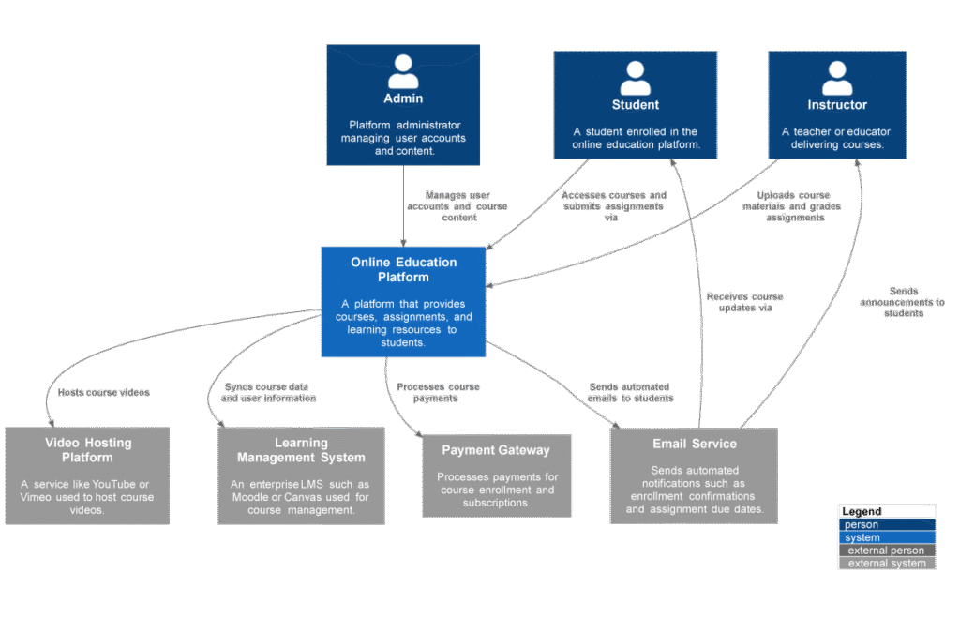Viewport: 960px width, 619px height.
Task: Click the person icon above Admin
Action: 403,71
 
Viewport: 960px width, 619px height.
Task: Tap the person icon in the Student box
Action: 635,78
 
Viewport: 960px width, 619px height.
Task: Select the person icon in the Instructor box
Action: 837,78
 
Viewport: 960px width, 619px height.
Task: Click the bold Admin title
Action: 403,98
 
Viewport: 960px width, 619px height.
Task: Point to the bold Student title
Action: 636,105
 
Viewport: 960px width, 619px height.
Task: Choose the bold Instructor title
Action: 837,105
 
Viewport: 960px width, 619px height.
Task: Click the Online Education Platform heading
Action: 403,270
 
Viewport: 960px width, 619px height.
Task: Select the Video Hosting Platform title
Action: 88,450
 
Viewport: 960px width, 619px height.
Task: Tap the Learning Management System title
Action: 301,450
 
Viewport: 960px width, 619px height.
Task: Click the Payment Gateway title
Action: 496,450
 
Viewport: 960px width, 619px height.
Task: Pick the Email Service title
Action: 694,444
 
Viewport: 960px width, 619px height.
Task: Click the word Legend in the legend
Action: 861,512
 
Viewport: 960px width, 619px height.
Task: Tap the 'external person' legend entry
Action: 886,551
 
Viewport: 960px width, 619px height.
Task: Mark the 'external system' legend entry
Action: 886,563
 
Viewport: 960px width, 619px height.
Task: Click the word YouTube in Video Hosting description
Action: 112,484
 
